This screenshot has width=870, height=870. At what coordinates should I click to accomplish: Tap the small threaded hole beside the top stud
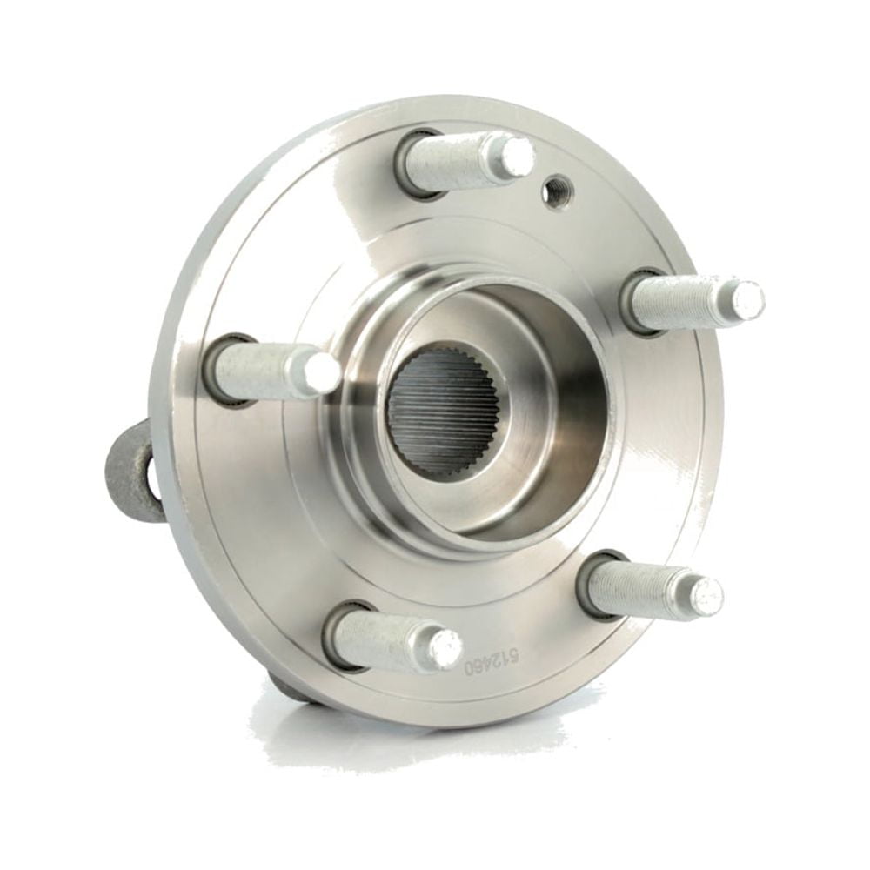click(x=557, y=191)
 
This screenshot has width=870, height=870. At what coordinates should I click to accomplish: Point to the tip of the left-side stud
click(x=321, y=372)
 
